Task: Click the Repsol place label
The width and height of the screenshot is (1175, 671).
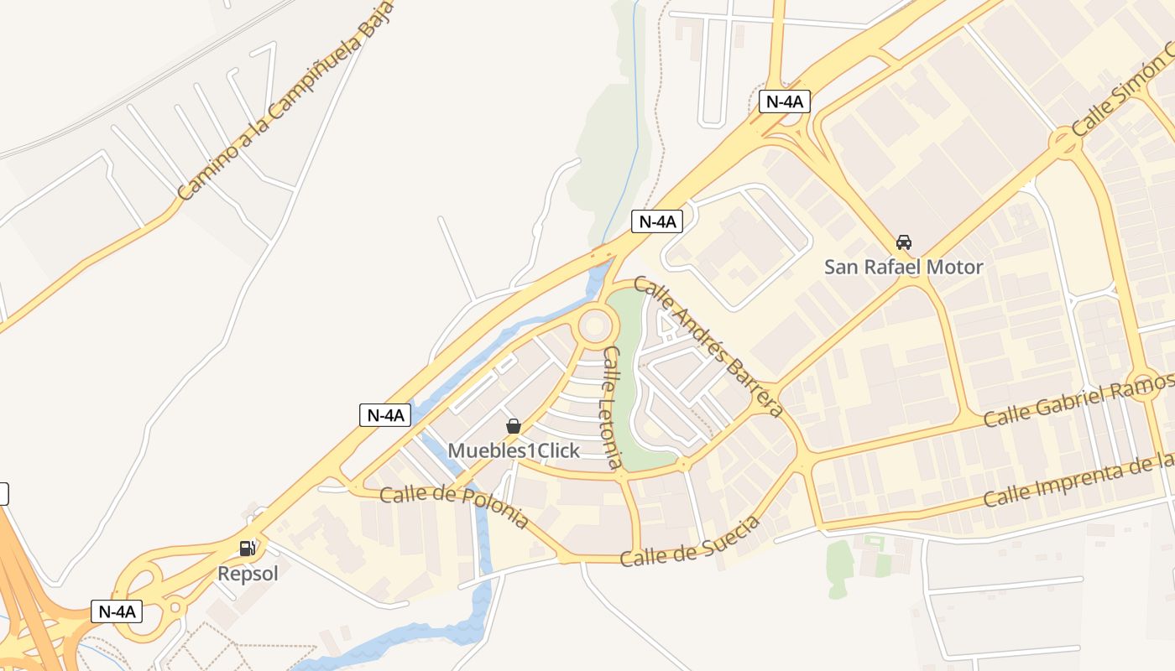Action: tap(248, 575)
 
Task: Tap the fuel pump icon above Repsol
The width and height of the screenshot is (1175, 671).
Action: tap(248, 549)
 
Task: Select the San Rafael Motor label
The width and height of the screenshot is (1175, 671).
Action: tap(903, 268)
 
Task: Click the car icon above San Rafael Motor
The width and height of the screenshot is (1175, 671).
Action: tap(903, 242)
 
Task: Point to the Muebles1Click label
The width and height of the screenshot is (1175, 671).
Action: tap(514, 451)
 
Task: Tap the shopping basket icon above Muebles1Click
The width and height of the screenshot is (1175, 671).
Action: tap(514, 426)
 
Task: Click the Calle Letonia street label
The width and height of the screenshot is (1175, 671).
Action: tap(613, 407)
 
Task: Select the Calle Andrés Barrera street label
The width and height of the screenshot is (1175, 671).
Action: tap(710, 346)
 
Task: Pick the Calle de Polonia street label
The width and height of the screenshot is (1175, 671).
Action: tap(454, 507)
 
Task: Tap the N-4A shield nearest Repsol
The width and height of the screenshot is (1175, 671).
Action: tap(117, 611)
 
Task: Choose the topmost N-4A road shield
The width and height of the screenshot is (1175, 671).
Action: tap(785, 102)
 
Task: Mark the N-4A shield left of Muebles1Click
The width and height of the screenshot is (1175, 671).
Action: tap(385, 414)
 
